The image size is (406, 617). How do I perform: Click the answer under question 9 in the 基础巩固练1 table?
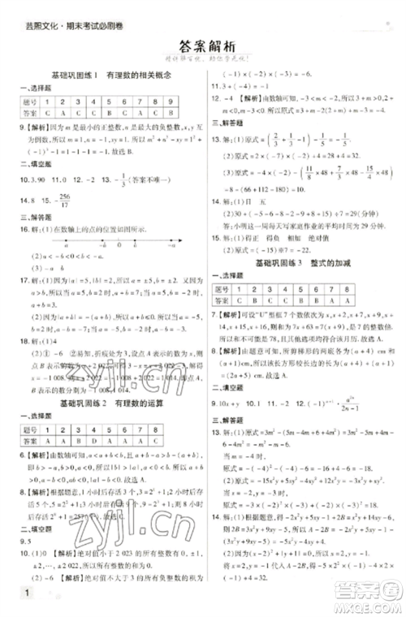point(175,112)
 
